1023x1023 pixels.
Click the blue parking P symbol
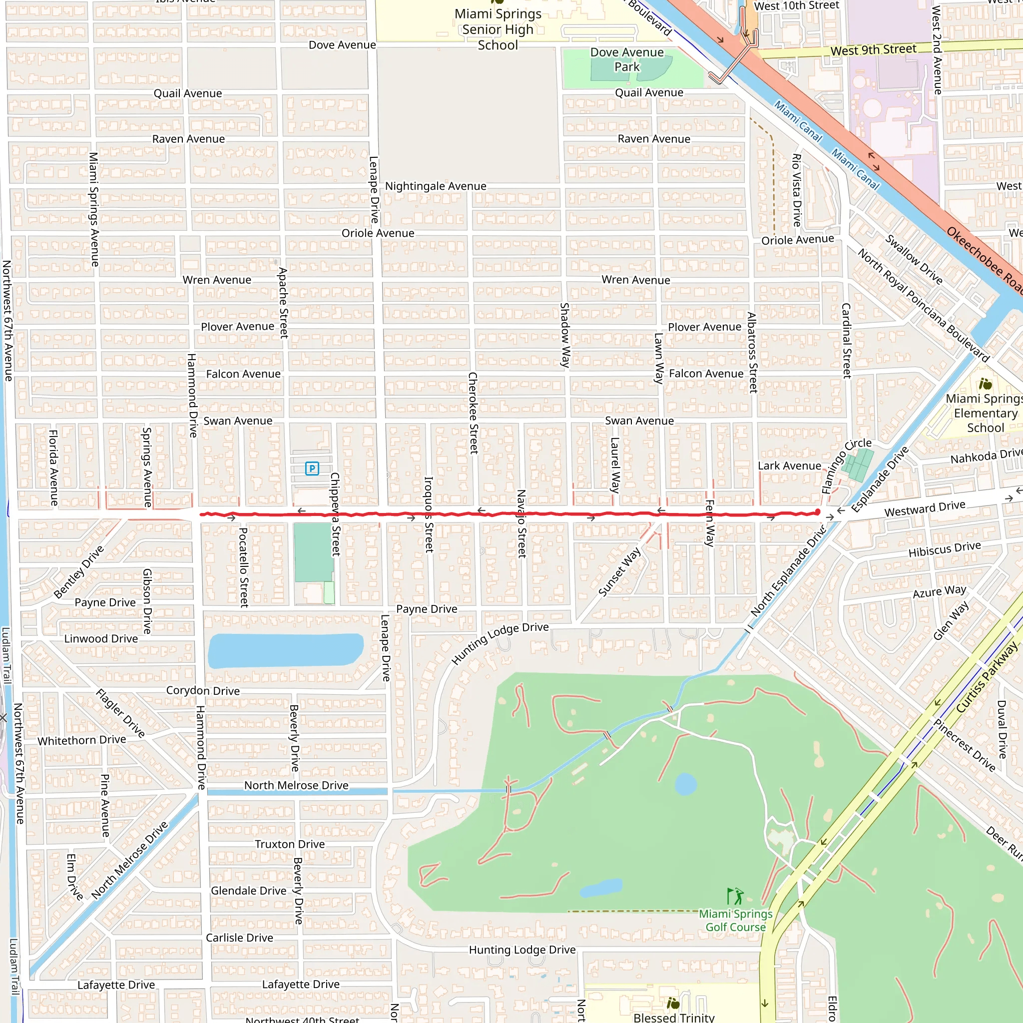[x=312, y=468]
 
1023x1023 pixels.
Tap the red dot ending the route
[x=818, y=512]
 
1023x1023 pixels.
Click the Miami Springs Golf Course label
[x=735, y=920]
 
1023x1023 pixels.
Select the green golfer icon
[x=735, y=897]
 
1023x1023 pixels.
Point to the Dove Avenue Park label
[x=627, y=59]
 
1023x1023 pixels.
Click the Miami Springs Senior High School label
[x=498, y=29]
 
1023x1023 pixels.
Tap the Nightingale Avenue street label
[x=435, y=186]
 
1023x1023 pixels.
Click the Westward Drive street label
[x=925, y=509]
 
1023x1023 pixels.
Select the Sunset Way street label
[x=619, y=572]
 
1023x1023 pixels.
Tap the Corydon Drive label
[x=203, y=690]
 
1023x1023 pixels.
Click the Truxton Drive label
[x=290, y=844]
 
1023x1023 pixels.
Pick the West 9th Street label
[x=873, y=50]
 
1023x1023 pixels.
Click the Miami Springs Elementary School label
[x=985, y=413]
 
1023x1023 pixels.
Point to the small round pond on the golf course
[x=686, y=784]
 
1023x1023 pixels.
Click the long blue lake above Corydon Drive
[x=285, y=650]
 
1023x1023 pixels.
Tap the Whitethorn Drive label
[x=81, y=740]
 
